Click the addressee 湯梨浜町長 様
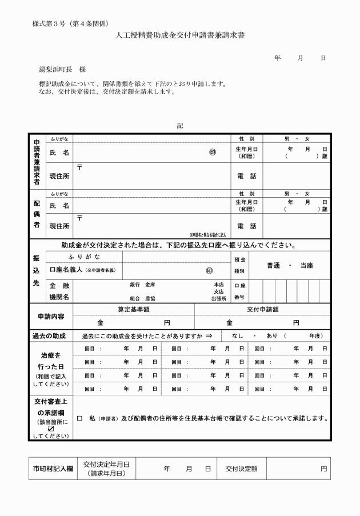[x=62, y=69]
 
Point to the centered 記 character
[x=181, y=126]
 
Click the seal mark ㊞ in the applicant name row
[x=213, y=153]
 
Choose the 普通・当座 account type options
[x=290, y=265]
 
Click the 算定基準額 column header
[x=134, y=309]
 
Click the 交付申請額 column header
[x=263, y=309]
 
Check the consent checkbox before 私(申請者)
[x=79, y=418]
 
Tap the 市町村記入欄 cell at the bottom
[x=51, y=469]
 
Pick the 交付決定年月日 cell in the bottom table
[x=106, y=469]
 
